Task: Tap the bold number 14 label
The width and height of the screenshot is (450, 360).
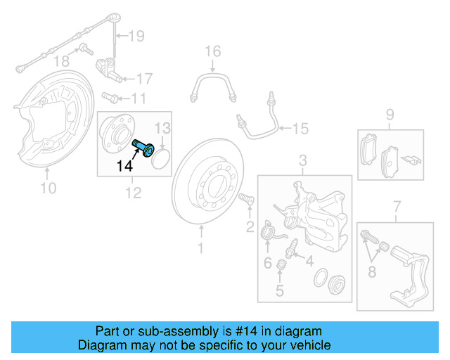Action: (x=124, y=166)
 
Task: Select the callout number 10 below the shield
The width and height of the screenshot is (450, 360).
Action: (x=48, y=187)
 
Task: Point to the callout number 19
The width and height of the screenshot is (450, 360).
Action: (x=136, y=35)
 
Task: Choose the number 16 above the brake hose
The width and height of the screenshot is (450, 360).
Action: (x=212, y=51)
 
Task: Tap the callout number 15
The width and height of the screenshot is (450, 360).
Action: (x=300, y=128)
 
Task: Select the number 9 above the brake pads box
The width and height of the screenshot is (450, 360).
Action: (x=390, y=114)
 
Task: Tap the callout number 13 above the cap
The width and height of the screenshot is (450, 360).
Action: (x=162, y=127)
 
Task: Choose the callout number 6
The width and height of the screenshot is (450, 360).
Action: (x=267, y=263)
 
